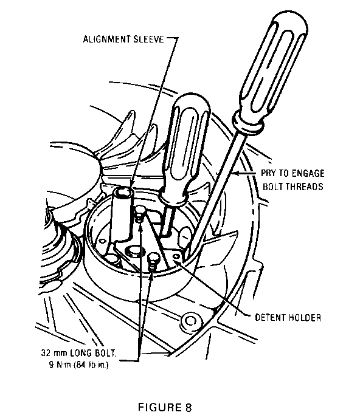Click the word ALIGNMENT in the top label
coord(107,39)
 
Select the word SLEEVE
coord(148,39)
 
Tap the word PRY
coord(268,173)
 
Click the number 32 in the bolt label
coord(46,353)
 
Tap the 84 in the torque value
coord(81,365)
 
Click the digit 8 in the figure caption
coord(188,407)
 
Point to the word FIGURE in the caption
coord(159,407)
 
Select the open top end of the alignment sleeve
coord(123,192)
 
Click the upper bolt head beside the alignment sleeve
coord(140,210)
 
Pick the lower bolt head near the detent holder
coord(154,258)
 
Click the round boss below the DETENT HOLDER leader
coord(190,321)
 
